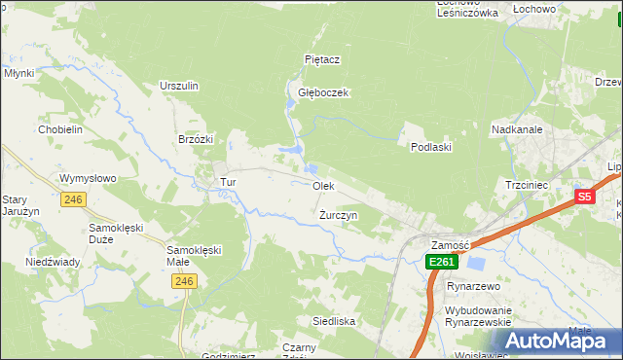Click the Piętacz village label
321,59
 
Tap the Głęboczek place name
323,92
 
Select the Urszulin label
179,86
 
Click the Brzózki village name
196,139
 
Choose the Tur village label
228,182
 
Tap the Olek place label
323,185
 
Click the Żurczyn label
339,214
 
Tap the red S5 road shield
583,197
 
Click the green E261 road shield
441,262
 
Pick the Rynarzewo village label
472,287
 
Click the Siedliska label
333,320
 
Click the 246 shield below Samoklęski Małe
183,281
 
